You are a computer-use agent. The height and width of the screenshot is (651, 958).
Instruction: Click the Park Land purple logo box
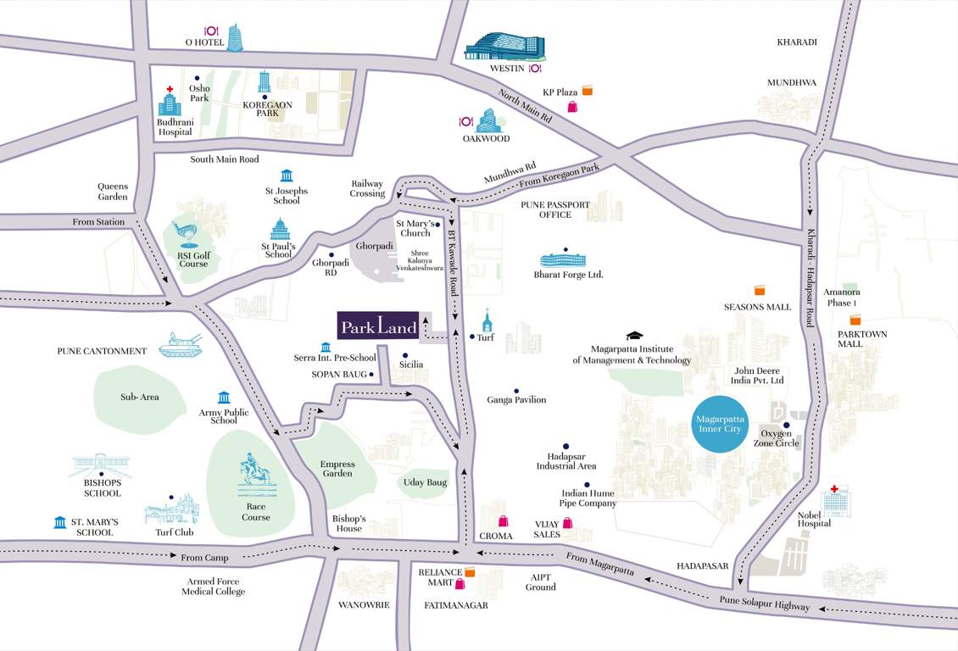378,325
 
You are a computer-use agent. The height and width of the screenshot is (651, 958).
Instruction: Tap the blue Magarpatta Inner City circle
718,425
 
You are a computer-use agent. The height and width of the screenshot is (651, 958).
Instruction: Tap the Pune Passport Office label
555,209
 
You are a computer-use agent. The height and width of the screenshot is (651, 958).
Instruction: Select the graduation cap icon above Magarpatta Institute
634,337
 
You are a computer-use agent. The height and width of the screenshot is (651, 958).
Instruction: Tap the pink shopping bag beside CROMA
503,520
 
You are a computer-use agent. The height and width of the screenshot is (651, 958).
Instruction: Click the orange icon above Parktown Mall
856,320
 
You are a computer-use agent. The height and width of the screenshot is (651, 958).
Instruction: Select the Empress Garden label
337,469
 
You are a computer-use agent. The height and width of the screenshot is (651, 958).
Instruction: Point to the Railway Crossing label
368,188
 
